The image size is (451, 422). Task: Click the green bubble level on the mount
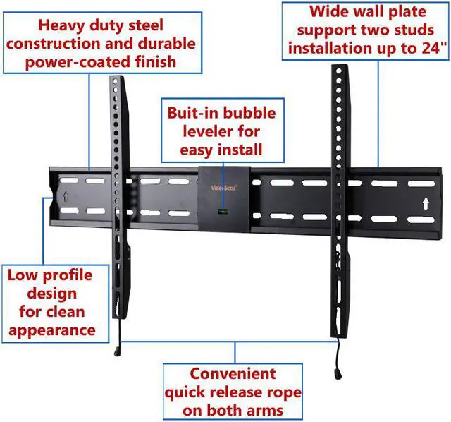(223, 212)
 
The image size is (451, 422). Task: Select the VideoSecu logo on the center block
(223, 188)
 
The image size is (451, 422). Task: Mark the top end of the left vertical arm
(116, 78)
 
